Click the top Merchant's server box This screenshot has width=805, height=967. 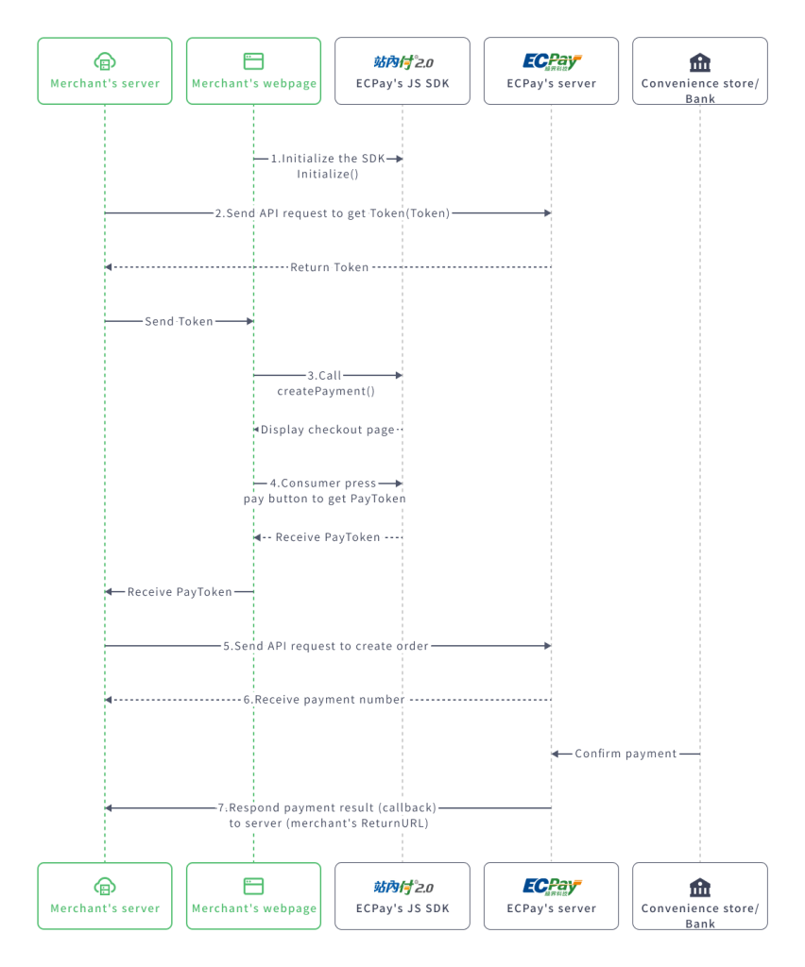point(105,71)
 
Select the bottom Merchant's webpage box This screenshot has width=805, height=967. point(253,895)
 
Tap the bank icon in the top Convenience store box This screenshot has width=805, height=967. point(700,62)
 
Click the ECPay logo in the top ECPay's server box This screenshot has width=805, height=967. point(552,62)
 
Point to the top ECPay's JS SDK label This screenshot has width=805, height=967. point(402,83)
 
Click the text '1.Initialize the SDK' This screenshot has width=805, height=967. point(328,159)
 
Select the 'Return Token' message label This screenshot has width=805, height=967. point(329,267)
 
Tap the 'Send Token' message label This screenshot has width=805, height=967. point(179,321)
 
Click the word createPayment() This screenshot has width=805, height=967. point(326,391)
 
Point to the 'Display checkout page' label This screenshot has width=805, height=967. point(328,430)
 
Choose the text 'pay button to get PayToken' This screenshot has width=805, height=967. point(325,499)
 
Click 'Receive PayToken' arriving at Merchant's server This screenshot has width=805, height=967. point(180,592)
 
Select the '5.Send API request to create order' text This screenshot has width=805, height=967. point(326,646)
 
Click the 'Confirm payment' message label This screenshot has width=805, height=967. point(625,754)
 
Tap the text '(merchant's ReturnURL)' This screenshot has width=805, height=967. point(328,823)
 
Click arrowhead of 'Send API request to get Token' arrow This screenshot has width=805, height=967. point(547,213)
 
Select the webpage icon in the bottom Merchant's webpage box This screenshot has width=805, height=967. point(253,886)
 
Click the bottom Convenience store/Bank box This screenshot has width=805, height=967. point(700,895)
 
